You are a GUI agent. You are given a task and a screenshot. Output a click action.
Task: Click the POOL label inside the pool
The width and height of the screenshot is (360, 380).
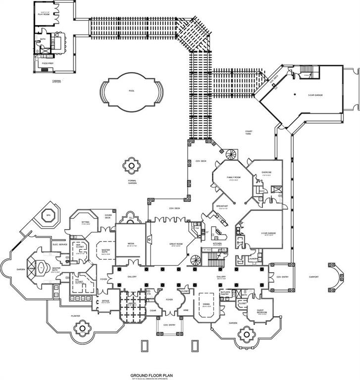131,91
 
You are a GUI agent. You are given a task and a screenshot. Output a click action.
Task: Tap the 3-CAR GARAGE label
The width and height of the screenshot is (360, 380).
315,95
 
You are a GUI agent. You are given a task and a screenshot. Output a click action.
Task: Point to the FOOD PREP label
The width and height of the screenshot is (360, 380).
48,63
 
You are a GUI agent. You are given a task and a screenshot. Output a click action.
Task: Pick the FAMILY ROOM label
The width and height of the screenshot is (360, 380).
234,177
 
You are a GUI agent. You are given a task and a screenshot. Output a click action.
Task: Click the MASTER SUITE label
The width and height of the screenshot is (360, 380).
105,251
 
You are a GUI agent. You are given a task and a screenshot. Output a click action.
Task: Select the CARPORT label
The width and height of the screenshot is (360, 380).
313,277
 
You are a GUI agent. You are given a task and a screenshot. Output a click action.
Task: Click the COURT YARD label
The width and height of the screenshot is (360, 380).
249,132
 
